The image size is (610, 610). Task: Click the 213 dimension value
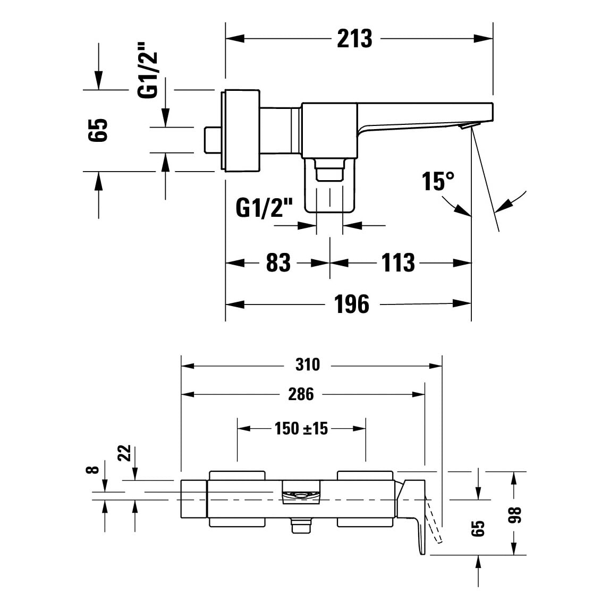(x=354, y=38)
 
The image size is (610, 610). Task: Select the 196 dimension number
(x=352, y=304)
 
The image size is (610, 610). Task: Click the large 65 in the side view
(x=98, y=130)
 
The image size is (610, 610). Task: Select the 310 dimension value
(x=307, y=365)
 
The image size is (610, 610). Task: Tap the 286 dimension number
(x=301, y=394)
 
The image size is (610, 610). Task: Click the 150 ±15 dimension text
(x=301, y=428)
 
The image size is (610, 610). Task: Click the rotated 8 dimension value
(x=92, y=470)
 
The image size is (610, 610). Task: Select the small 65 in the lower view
(x=478, y=528)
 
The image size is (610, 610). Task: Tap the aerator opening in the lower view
(x=301, y=495)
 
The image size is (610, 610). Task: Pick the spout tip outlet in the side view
(x=466, y=125)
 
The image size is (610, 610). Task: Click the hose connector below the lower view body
(x=301, y=527)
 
